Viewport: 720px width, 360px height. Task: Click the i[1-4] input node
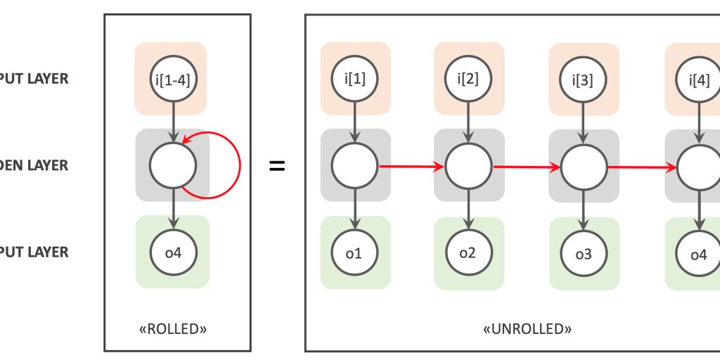173,78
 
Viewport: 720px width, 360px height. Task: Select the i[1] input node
354,78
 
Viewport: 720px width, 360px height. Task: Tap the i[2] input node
468,78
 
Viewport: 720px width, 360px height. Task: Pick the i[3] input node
583,79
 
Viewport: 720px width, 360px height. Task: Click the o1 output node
354,252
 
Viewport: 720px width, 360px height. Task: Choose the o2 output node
468,252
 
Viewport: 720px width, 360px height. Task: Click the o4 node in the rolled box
173,251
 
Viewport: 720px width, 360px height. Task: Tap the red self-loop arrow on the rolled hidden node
239,166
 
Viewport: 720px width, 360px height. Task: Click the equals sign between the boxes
278,167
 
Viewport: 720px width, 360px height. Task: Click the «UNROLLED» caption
527,328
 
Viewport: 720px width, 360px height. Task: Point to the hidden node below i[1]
354,167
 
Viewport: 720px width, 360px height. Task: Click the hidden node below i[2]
468,167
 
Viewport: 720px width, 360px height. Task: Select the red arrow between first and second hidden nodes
411,167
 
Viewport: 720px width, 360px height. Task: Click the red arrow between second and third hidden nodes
526,167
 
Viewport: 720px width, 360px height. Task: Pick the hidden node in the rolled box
173,165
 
